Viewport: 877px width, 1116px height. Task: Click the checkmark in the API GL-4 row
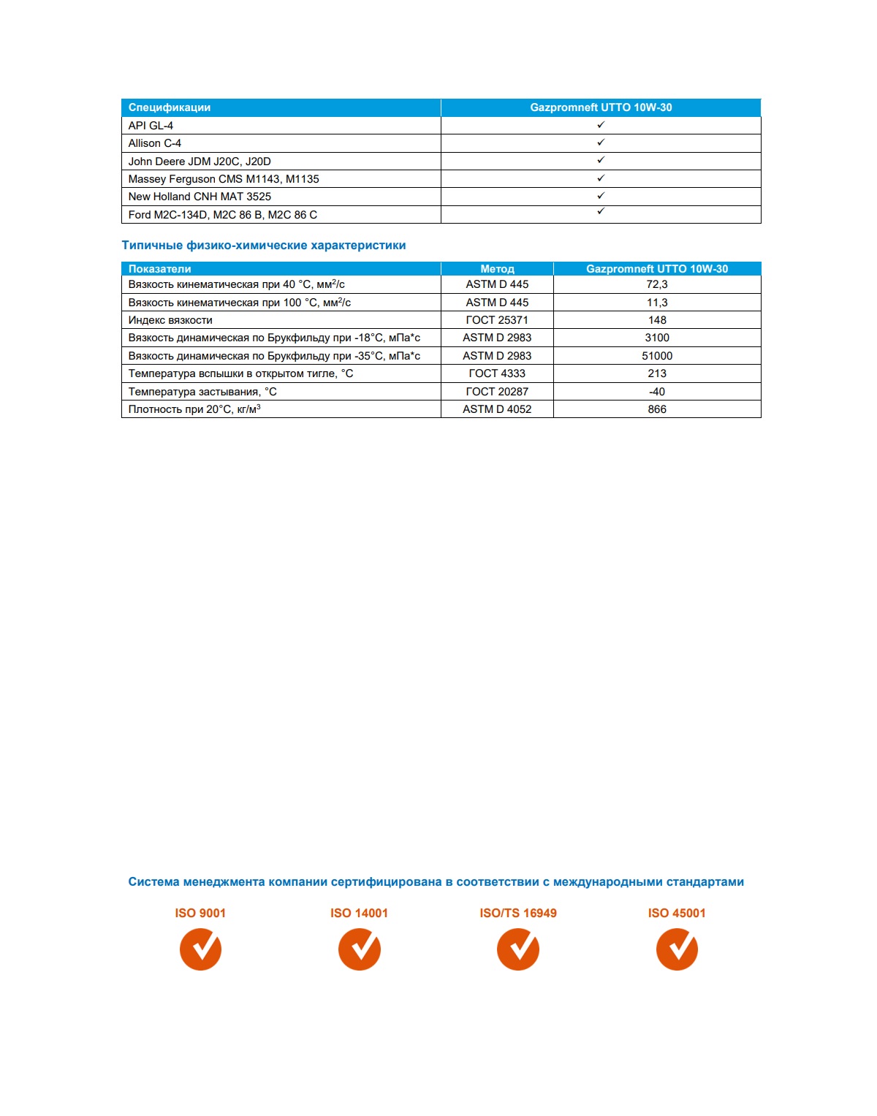[601, 125]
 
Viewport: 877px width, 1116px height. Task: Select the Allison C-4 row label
[155, 143]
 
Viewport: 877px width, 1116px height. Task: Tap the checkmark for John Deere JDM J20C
[601, 160]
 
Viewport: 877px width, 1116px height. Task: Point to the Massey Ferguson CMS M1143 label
[224, 179]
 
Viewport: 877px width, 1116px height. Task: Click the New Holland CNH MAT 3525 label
[200, 197]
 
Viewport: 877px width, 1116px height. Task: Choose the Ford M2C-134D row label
[223, 215]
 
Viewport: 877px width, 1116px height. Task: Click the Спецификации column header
[170, 107]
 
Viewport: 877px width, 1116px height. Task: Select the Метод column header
[497, 269]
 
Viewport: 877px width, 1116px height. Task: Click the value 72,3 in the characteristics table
[657, 284]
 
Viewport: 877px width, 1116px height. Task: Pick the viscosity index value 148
[657, 320]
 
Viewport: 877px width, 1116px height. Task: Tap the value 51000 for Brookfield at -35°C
[657, 356]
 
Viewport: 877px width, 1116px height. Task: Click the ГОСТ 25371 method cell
[497, 320]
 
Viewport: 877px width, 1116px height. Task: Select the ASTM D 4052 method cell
[497, 409]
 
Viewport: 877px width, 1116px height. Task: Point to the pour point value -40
[657, 392]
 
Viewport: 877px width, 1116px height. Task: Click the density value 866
[657, 409]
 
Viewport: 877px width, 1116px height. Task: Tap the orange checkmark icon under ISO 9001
[200, 949]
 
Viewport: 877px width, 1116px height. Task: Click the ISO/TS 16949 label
[518, 913]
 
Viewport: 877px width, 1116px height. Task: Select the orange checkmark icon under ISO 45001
[677, 949]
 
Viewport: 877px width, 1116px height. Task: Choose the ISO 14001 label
[359, 913]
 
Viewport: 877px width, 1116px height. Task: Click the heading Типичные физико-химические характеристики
[264, 246]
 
